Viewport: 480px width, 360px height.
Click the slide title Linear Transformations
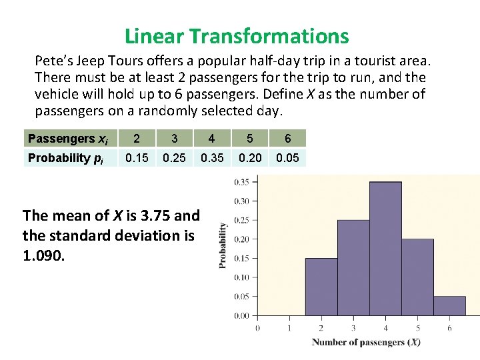click(x=237, y=35)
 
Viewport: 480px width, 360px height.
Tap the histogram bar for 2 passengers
click(x=321, y=287)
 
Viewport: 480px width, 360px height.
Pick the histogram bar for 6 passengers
click(x=449, y=306)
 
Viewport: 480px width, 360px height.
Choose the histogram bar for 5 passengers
click(x=417, y=277)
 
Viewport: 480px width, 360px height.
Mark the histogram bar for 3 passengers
click(x=353, y=267)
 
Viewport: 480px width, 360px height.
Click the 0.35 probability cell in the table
click(x=211, y=158)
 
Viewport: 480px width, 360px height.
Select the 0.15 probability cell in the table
click(x=137, y=158)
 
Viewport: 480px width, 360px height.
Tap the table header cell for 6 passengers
click(x=287, y=139)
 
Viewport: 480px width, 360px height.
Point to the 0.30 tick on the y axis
click(x=241, y=201)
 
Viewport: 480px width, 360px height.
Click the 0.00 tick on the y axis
click(x=241, y=316)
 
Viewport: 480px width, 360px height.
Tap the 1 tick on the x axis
click(x=289, y=327)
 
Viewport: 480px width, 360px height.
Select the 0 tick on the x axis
click(x=257, y=327)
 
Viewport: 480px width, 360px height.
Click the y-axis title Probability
click(x=223, y=245)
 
